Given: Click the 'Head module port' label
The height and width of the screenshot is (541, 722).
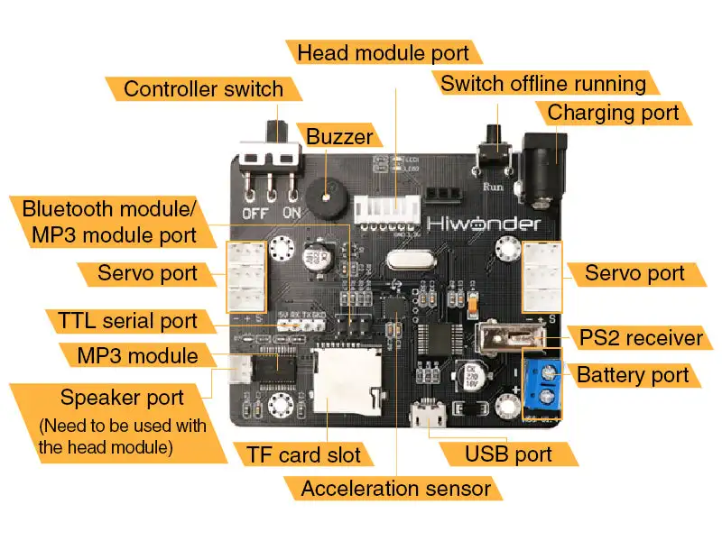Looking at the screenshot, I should [x=383, y=52].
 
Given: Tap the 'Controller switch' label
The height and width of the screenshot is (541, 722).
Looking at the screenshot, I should [x=203, y=88].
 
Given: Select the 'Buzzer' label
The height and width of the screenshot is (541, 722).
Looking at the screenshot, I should [x=339, y=137].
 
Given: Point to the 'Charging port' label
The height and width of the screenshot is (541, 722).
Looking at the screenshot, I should [x=613, y=113].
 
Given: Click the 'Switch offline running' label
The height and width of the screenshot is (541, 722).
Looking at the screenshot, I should [x=543, y=84].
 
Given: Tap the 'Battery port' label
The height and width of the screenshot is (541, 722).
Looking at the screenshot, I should [x=633, y=375].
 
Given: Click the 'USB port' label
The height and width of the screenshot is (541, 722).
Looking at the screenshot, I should [x=508, y=454].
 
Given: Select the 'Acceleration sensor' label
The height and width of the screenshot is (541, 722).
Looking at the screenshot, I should [x=396, y=489].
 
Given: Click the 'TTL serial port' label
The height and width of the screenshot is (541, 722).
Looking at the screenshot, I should [x=127, y=320].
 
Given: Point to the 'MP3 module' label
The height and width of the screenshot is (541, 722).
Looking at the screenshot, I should [x=137, y=355].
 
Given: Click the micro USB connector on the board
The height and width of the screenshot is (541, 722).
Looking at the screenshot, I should [x=426, y=417].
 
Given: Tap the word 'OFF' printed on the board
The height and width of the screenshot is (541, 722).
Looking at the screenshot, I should [x=252, y=214].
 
